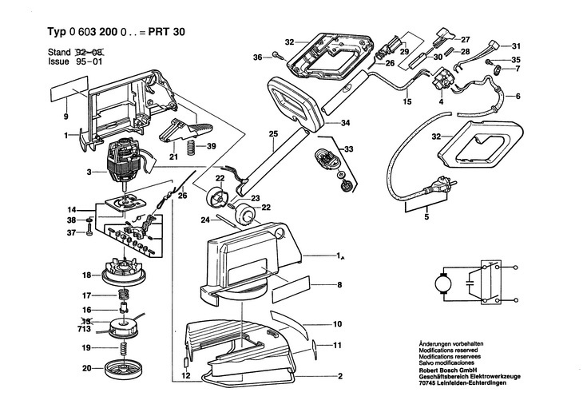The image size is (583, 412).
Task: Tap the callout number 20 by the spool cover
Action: (86, 368)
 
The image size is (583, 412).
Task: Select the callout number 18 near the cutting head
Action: (86, 275)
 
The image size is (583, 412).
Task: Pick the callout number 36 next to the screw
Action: (256, 57)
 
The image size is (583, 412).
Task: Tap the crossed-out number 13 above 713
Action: (85, 319)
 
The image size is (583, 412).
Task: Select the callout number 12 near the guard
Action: (184, 374)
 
